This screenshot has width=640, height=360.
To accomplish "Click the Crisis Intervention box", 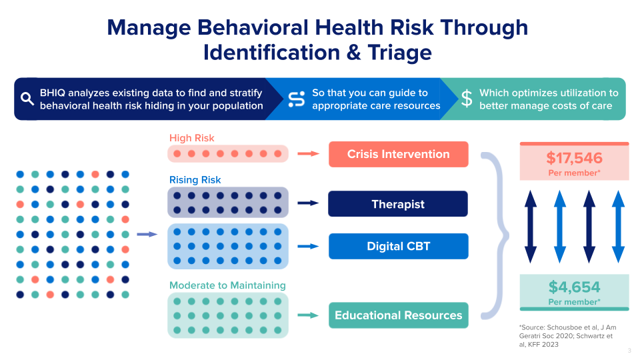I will coord(398,154).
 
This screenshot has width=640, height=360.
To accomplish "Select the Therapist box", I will coord(398,204).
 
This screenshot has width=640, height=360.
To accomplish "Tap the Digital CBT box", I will coord(398,246).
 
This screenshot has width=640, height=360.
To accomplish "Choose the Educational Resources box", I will coord(398,315).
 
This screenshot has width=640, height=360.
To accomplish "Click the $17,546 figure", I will coord(574,158).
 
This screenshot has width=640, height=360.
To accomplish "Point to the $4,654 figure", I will coord(574,287).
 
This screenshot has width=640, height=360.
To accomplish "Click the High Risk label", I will coord(192,138).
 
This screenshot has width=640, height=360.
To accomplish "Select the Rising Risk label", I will coord(195,179).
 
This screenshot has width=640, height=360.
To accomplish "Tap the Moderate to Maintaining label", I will coord(227,285).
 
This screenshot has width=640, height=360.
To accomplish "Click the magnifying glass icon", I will coord(27,99).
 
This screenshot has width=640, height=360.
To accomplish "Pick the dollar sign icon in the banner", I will coord(467,99).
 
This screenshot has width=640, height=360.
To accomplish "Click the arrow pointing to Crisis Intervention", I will coord(308,154).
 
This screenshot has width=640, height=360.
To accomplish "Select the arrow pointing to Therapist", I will coord(308,203).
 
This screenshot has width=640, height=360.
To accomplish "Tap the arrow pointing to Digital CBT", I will coord(308,246).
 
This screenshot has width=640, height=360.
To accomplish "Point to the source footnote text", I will coord(568,336).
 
